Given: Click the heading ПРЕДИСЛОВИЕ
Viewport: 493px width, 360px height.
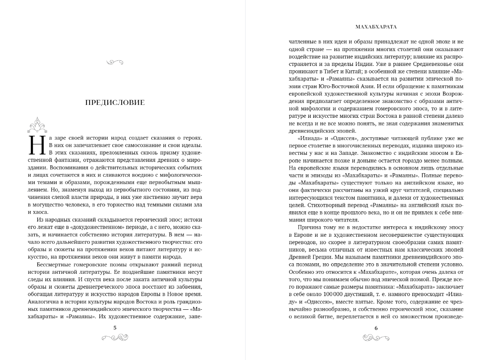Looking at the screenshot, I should coord(115,103).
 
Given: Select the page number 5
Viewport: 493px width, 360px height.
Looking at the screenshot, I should coord(115,328).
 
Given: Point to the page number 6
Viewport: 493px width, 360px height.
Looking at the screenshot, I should coord(376,328).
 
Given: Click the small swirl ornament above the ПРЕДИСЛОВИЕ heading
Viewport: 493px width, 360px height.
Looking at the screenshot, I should coord(115,62).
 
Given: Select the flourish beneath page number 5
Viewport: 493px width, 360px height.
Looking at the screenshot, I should coord(115,337).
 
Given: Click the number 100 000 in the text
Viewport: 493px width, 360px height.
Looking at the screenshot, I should coord(344,294).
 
